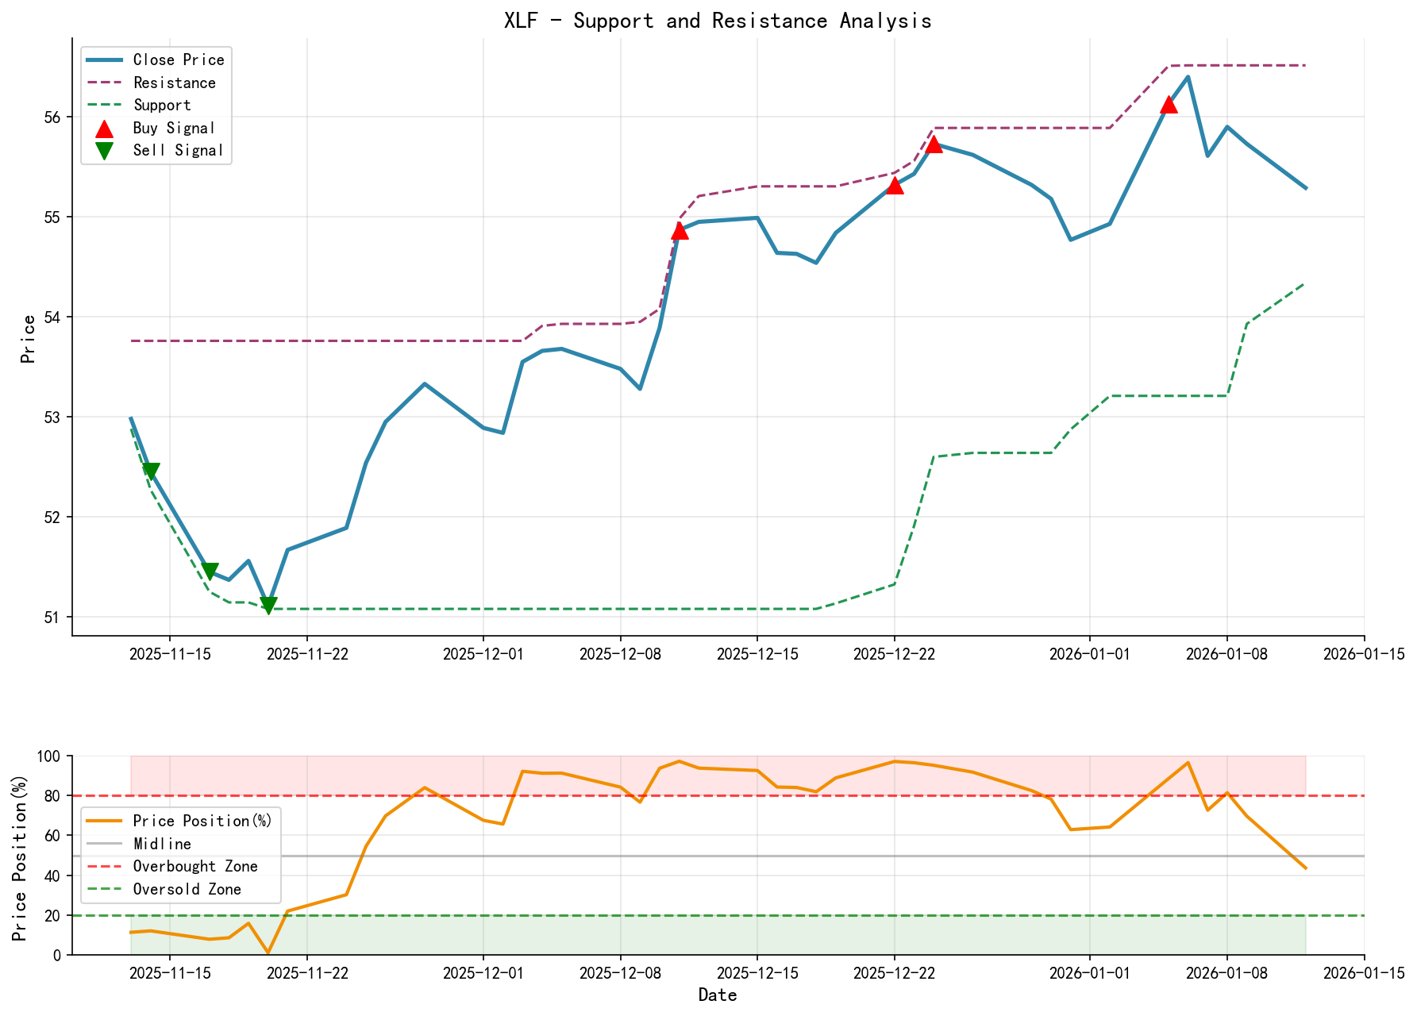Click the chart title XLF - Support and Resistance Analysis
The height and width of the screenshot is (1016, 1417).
(718, 21)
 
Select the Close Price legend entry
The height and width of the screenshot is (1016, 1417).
(178, 60)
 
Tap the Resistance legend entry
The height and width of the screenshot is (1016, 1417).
(174, 83)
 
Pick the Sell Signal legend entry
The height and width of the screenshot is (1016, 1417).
(178, 150)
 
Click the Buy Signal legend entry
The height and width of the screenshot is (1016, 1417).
(174, 128)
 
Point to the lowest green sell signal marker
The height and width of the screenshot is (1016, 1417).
(268, 606)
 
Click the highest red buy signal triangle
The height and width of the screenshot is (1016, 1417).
(1168, 104)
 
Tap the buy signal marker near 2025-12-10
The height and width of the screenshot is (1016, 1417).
(680, 230)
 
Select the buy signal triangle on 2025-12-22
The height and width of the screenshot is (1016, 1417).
(895, 185)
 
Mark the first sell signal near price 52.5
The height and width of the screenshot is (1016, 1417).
(151, 471)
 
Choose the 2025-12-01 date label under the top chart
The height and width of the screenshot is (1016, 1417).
(483, 653)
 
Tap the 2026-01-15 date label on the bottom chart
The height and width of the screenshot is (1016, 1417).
(1364, 972)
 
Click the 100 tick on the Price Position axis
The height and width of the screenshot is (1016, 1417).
(52, 756)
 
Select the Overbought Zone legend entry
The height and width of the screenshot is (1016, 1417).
(194, 866)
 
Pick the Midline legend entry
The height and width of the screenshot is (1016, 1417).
(162, 844)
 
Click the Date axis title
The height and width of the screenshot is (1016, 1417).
(718, 995)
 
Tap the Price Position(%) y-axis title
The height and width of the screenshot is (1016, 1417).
(20, 856)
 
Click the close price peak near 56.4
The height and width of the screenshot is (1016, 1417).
(1188, 77)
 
